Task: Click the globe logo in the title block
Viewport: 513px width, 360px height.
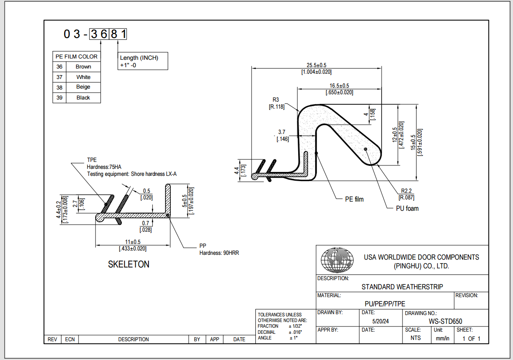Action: coord(337,260)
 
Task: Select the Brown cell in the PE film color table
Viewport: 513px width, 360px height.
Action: coord(83,67)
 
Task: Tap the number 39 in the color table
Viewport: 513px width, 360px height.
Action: coord(59,98)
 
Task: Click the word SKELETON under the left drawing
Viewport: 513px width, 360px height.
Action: coord(129,264)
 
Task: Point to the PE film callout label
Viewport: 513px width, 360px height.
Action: coord(354,199)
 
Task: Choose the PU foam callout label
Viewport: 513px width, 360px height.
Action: coord(407,209)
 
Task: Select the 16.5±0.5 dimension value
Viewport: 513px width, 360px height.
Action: coord(339,86)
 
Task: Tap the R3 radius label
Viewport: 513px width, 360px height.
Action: coord(275,99)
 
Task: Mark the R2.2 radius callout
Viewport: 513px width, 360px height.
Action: coord(406,191)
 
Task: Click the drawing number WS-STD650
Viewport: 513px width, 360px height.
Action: coord(445,321)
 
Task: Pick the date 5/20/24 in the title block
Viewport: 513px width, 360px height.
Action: coord(380,321)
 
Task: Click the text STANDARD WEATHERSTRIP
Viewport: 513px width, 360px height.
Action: coord(402,287)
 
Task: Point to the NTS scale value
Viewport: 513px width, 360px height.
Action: coord(416,338)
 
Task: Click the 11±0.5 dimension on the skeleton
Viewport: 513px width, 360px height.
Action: coord(133,242)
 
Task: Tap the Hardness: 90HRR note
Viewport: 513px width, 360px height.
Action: coord(219,253)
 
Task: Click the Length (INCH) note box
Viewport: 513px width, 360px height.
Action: coord(143,61)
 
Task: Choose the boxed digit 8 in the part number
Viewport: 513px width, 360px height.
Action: coord(114,34)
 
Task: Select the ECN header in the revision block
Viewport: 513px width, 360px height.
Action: coord(70,339)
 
